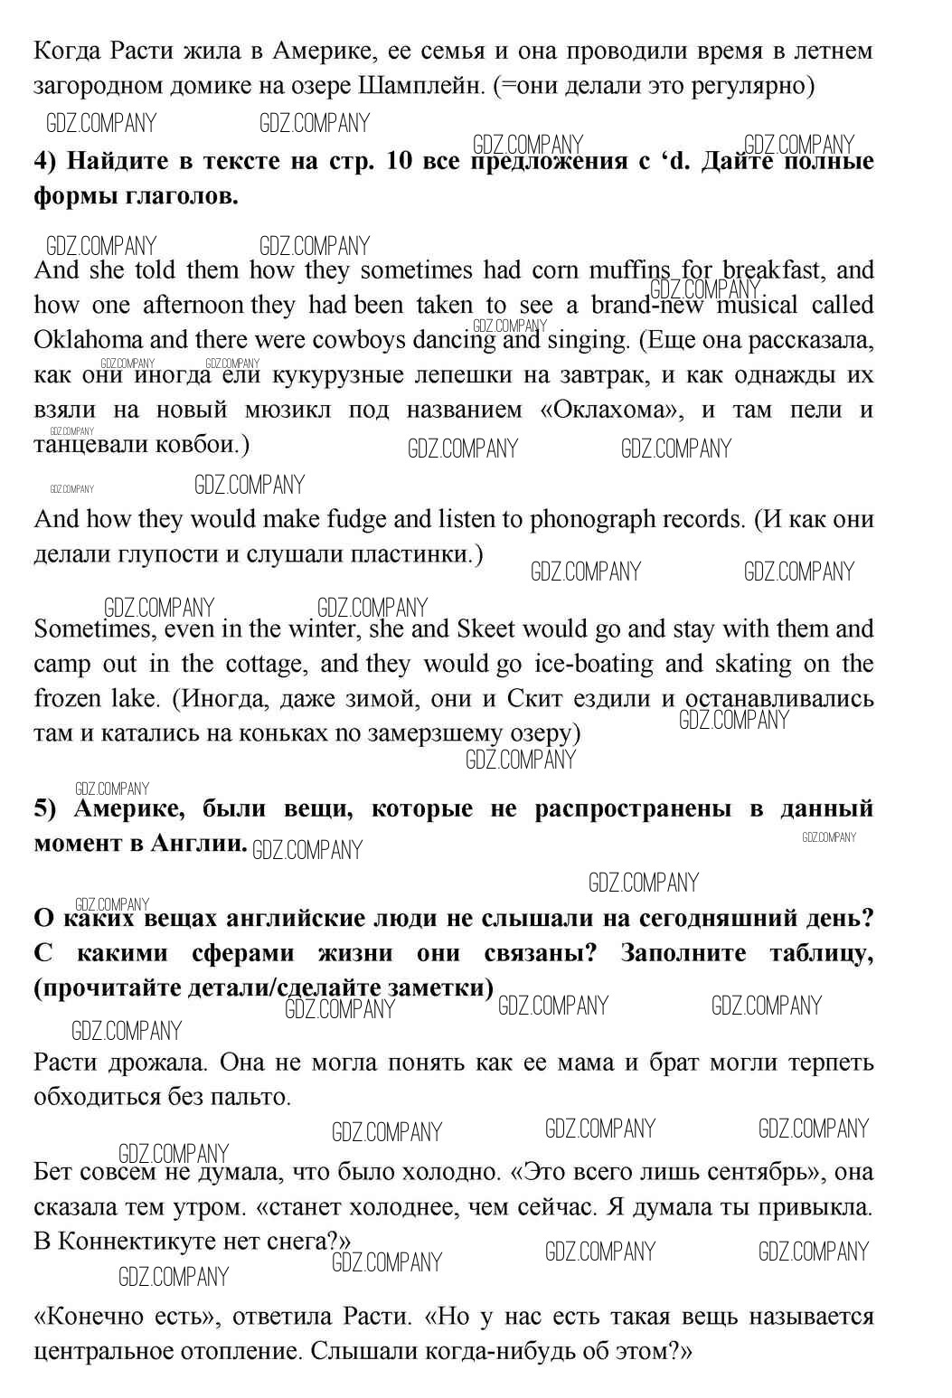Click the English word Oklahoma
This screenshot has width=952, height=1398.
(88, 340)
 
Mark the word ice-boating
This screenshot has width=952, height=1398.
(593, 664)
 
